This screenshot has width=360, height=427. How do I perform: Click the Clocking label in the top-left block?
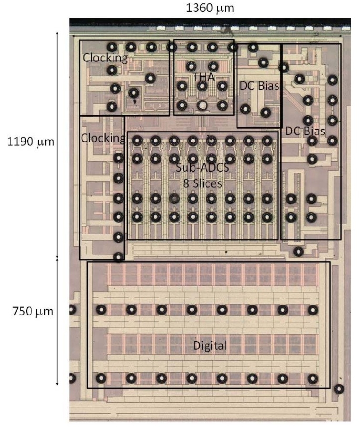105,58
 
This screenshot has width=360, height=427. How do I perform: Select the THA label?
203,76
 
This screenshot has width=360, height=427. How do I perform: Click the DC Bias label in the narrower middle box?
258,86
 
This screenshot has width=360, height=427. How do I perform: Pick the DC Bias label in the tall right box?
305,131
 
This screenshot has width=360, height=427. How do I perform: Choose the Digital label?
209,346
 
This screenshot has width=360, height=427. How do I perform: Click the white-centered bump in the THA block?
202,106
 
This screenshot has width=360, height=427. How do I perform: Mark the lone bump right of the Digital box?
339,389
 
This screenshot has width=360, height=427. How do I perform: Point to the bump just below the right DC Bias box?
298,251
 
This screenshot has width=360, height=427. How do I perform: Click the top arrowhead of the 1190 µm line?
58,34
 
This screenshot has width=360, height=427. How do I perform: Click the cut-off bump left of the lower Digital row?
72,378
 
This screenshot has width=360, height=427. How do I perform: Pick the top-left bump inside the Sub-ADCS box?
137,141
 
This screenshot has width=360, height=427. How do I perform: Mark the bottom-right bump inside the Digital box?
312,378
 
